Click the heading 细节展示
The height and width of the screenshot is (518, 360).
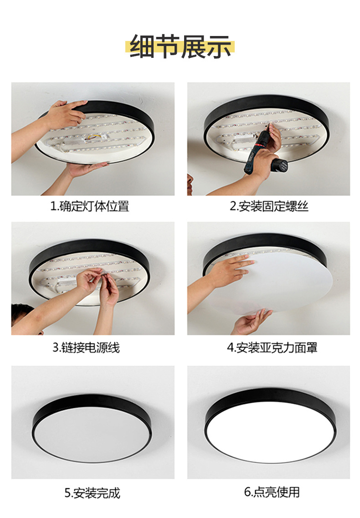click(x=180, y=47)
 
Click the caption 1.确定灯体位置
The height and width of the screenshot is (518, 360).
click(x=89, y=206)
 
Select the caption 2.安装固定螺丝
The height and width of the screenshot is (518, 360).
click(x=268, y=206)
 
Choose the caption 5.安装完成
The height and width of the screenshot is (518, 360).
click(x=92, y=492)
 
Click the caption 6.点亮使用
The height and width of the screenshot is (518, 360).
click(x=272, y=492)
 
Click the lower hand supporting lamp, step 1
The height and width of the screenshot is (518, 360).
click(x=82, y=170)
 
